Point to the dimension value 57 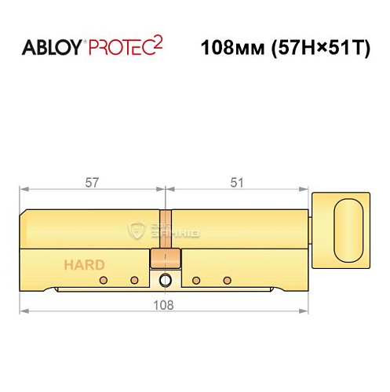(92, 182)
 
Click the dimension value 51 (238, 182)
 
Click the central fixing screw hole (165, 281)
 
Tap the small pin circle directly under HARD (102, 280)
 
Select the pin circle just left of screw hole (133, 280)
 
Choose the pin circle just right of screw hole (196, 280)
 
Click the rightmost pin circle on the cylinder (228, 280)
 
